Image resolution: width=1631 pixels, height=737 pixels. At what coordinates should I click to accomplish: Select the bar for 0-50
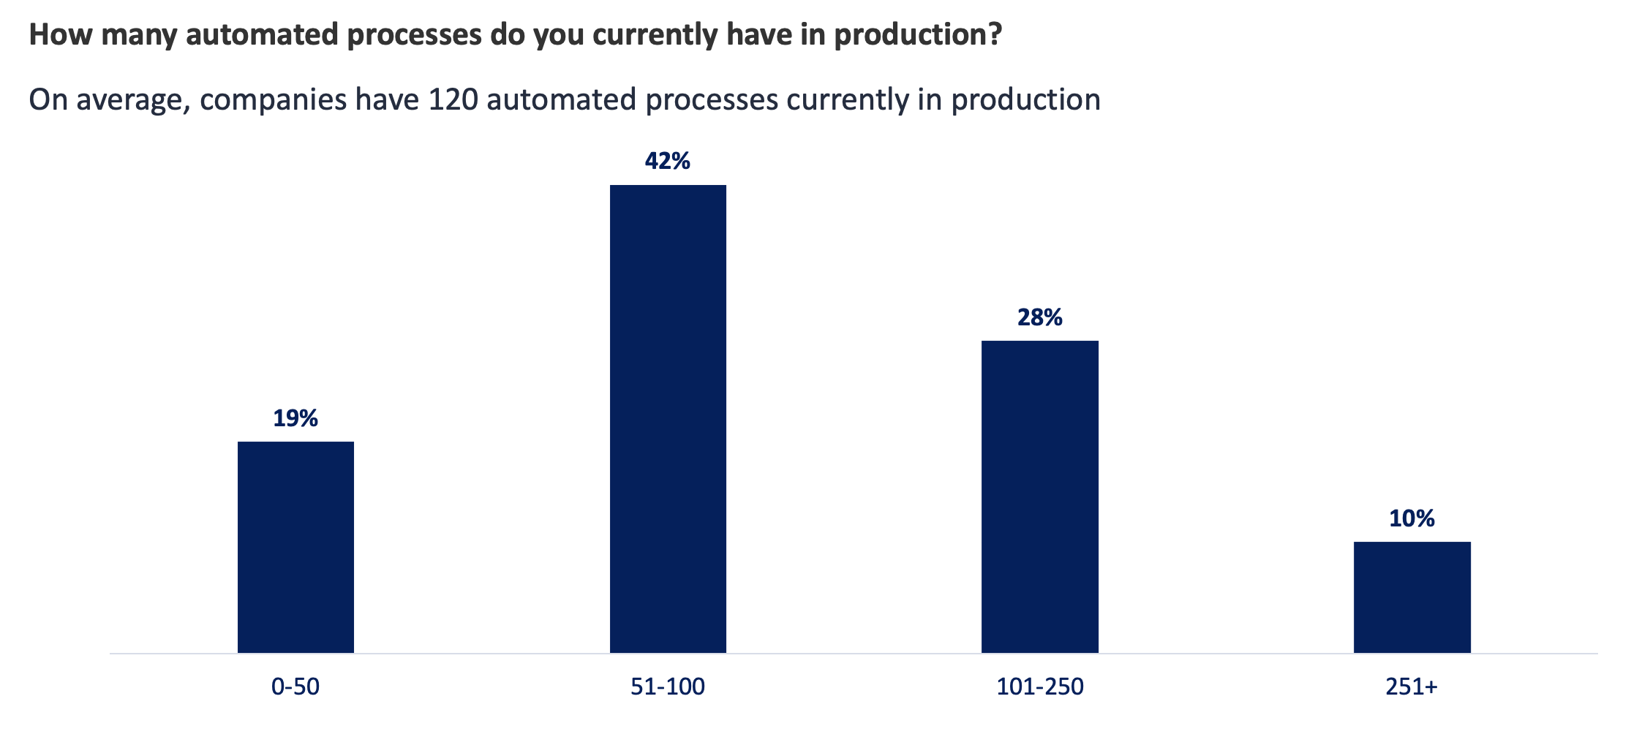[295, 547]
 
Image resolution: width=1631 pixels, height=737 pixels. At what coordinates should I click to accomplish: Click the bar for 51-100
[668, 419]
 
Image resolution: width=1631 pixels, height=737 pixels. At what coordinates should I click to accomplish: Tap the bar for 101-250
[1039, 496]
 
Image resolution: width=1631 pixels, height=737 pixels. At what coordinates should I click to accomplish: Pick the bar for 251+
[1412, 597]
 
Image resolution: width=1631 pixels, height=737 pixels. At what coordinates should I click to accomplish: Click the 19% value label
[295, 418]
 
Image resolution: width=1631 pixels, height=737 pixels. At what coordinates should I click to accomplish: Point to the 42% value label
[668, 161]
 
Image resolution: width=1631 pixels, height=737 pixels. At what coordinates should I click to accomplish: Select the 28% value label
[1039, 317]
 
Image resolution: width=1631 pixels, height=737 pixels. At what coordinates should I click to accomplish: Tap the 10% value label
[1412, 518]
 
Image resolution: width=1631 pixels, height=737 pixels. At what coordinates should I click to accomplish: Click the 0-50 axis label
[295, 687]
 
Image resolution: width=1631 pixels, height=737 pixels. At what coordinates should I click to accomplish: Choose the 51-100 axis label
[668, 687]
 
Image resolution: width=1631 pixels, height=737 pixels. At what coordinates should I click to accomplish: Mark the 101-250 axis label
[1040, 687]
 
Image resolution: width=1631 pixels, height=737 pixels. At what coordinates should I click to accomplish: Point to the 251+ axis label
[1412, 687]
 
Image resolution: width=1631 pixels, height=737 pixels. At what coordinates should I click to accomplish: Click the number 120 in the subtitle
[453, 99]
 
